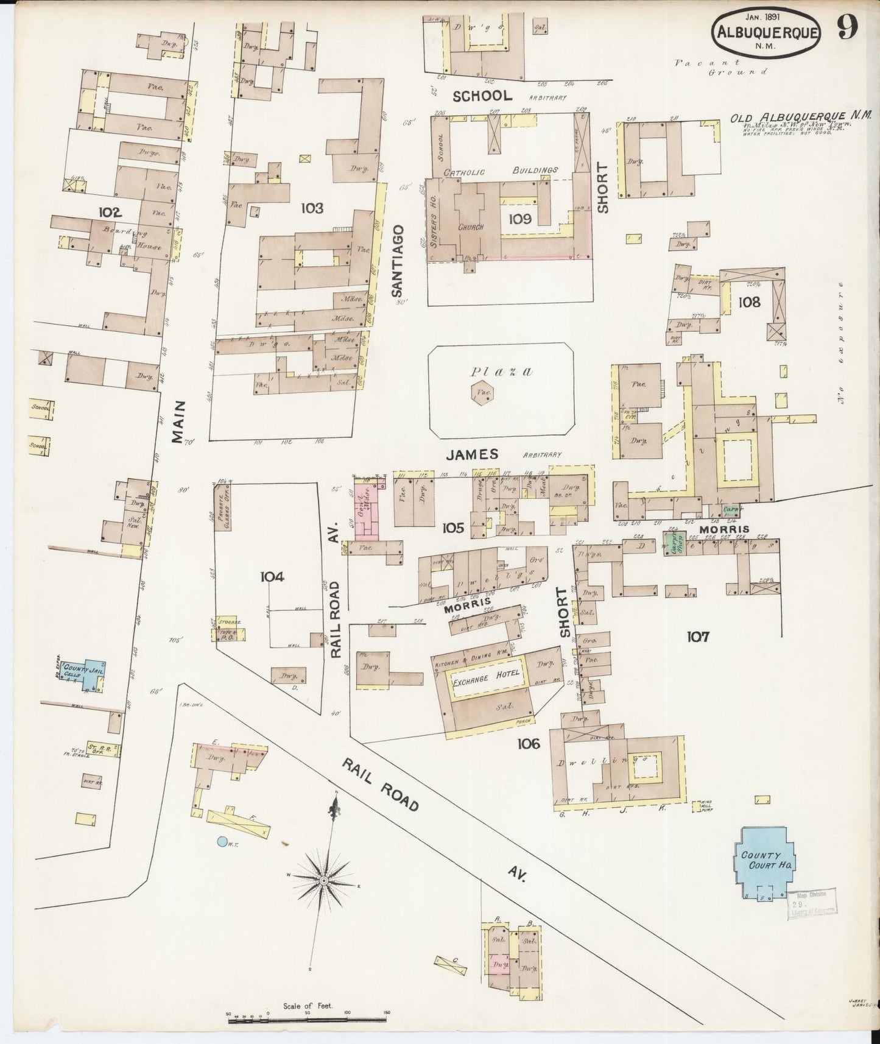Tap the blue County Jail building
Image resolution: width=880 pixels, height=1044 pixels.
point(88,674)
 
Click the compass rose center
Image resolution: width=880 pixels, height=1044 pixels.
point(323,881)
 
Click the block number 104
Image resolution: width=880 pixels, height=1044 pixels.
point(271,576)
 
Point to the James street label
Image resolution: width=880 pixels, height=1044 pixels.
point(472,454)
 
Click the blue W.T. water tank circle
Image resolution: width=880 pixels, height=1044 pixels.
point(222,842)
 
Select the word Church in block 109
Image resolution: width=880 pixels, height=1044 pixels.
point(471,227)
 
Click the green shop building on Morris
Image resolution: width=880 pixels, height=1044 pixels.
point(674,541)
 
